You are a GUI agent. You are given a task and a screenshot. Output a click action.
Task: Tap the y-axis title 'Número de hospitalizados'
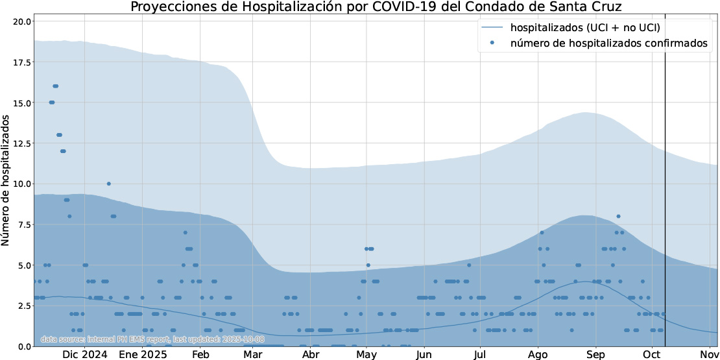click(x=6, y=180)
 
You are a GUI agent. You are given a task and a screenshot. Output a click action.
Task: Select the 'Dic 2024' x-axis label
click(x=85, y=355)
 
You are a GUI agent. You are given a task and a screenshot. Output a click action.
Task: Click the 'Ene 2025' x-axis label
click(x=143, y=355)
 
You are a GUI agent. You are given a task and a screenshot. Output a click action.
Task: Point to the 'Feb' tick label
click(x=200, y=355)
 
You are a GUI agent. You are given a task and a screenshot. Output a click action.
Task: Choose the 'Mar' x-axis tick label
click(x=252, y=355)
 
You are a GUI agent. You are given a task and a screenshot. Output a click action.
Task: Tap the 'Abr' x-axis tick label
click(x=311, y=355)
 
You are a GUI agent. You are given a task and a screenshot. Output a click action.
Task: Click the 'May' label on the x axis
click(x=366, y=355)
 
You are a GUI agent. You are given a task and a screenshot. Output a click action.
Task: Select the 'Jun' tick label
click(x=424, y=355)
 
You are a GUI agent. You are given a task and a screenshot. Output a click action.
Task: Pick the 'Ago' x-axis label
click(x=538, y=355)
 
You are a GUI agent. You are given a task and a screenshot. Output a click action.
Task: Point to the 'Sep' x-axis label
click(x=595, y=355)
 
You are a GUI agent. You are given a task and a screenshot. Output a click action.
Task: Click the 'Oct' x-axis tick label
click(x=651, y=355)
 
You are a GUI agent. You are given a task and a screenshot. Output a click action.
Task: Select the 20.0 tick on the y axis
click(x=22, y=21)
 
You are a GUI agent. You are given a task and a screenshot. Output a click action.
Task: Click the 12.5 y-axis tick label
click(x=22, y=143)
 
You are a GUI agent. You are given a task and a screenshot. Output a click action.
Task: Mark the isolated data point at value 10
click(x=108, y=184)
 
